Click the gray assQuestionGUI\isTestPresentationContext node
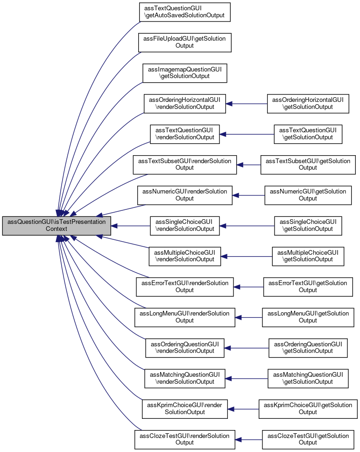(x=56, y=226)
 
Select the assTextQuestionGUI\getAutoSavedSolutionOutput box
(x=184, y=12)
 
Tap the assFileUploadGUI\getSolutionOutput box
(x=184, y=43)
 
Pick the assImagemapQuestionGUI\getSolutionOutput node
(x=184, y=73)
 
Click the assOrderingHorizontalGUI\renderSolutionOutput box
(x=184, y=104)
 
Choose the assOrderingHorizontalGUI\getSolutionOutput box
(x=308, y=104)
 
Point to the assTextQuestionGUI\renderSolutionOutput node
(x=184, y=134)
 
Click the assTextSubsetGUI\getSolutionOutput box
(x=308, y=165)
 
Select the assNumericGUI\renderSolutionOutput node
(x=184, y=195)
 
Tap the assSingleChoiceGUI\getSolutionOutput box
(x=308, y=226)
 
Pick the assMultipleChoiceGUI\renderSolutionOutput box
(x=184, y=256)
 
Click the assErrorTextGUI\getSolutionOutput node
(x=308, y=287)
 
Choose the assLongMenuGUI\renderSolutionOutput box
(x=184, y=317)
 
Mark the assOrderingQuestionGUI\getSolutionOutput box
(x=308, y=348)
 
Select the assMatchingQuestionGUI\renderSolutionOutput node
(x=184, y=379)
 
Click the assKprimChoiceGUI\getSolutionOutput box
(x=308, y=409)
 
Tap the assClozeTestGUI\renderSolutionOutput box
(x=184, y=439)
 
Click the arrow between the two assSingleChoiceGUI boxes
(x=247, y=226)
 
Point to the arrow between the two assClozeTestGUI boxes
(x=248, y=439)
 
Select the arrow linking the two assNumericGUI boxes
(x=248, y=195)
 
